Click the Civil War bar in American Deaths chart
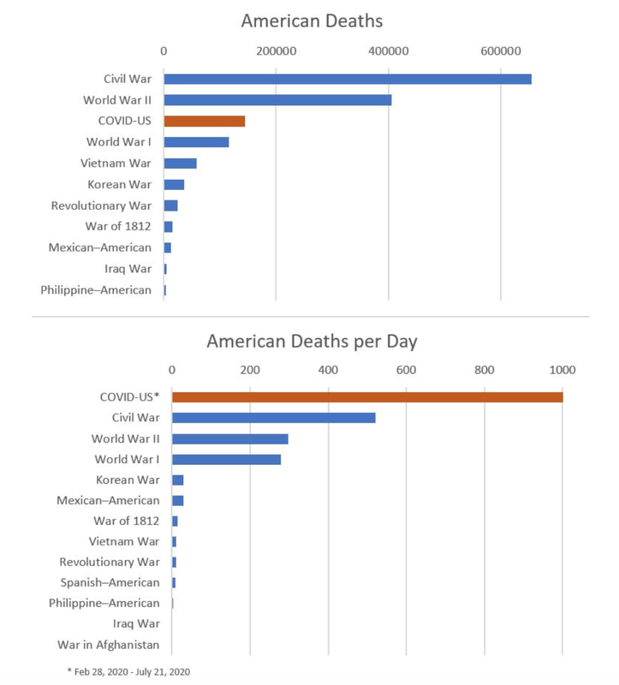[348, 79]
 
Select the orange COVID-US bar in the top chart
[205, 121]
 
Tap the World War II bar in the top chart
[278, 100]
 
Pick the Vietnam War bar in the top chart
[181, 164]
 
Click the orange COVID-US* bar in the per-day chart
[367, 397]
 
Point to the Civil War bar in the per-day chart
[273, 418]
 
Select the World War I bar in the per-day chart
[226, 460]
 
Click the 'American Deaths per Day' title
[312, 341]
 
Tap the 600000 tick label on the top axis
[501, 51]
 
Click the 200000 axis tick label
[276, 51]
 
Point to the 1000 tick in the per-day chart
[562, 370]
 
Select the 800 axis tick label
[485, 370]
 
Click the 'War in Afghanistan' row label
[109, 645]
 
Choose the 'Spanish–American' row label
[110, 583]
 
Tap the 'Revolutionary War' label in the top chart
[101, 205]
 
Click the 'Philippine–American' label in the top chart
[96, 290]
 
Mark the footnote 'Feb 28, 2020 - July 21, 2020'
[132, 672]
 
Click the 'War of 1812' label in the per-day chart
[126, 521]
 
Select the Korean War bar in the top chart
[175, 184]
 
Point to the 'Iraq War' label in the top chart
[128, 269]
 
